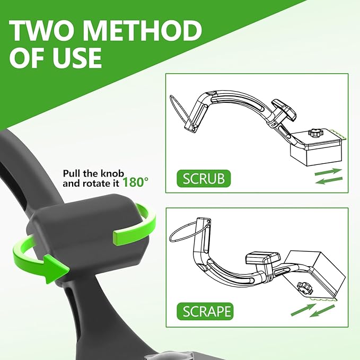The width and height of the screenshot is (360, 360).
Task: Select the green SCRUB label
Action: click(204, 178)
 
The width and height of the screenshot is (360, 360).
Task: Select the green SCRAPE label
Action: click(205, 311)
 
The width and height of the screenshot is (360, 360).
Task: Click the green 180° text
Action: click(135, 182)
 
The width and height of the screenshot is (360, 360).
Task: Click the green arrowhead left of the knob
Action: click(56, 268)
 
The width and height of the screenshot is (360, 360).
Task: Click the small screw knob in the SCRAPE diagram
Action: click(305, 288)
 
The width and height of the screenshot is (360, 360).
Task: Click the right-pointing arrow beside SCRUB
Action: click(328, 172)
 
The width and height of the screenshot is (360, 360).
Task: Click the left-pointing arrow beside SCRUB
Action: click(329, 180)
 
